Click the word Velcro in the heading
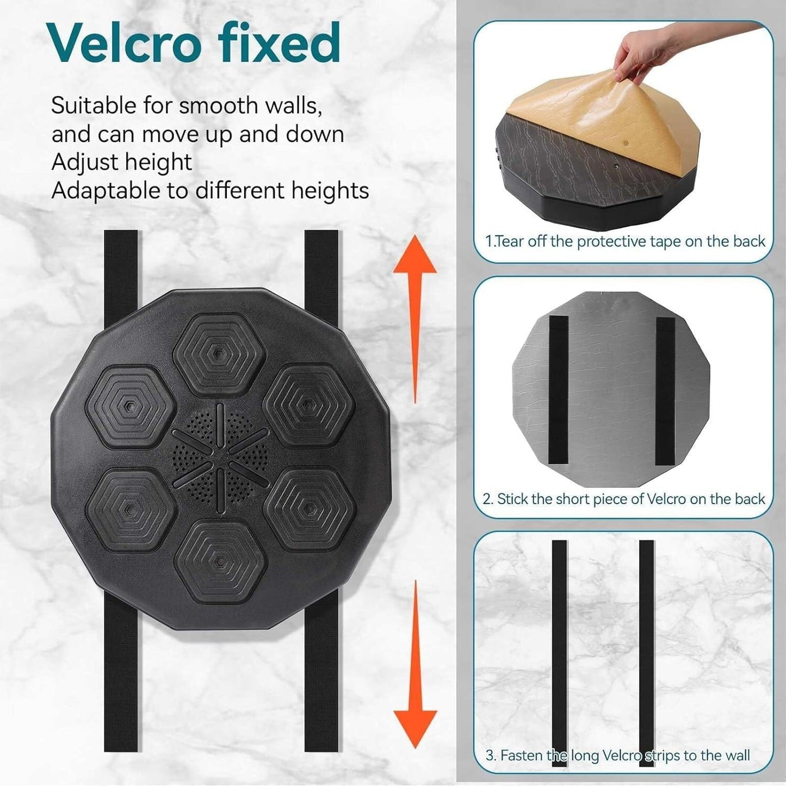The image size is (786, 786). tap(125, 43)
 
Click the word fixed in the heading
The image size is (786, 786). tap(279, 43)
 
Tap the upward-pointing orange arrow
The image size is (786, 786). tap(415, 319)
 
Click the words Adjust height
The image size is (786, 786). tap(121, 162)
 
